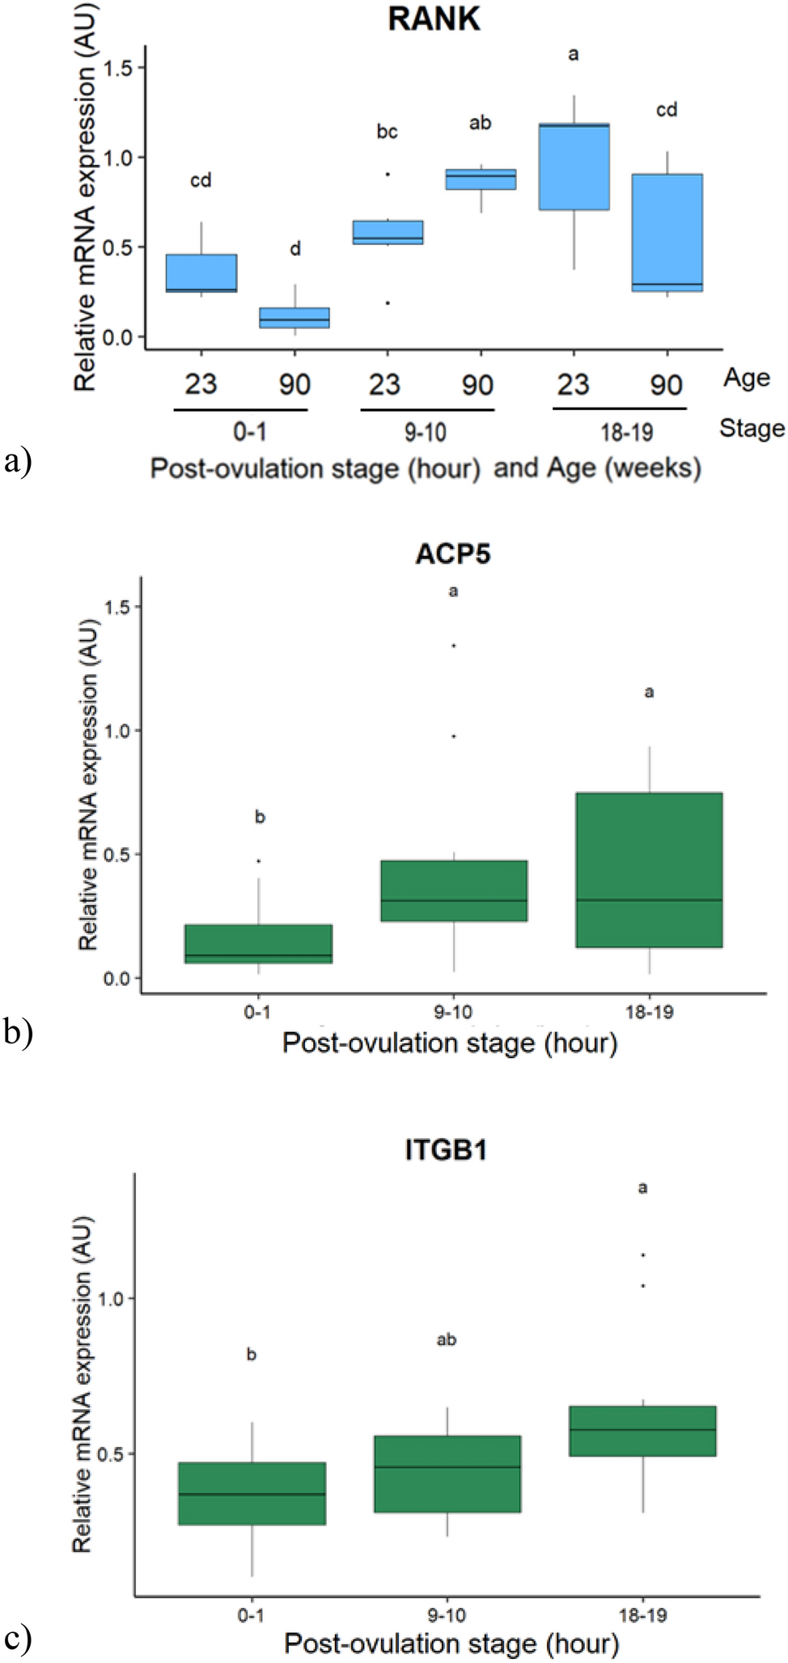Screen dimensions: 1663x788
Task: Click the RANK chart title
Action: coord(434,19)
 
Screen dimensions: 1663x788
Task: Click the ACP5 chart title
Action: coord(453,553)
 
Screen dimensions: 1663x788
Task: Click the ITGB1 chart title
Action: coord(446,1150)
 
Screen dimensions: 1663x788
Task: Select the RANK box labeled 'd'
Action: coord(294,318)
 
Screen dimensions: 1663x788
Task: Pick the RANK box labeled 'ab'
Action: coord(481,179)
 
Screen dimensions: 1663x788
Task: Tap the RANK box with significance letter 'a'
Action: coord(574,167)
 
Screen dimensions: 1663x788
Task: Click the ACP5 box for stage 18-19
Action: coord(650,870)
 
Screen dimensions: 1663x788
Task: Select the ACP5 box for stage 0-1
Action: coord(258,943)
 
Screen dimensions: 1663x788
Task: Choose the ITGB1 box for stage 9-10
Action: coord(447,1474)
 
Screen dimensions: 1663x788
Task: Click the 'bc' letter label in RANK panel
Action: coord(387,132)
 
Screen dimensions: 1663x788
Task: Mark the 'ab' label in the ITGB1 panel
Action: coord(447,1340)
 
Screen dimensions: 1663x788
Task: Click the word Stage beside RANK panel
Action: coord(752,428)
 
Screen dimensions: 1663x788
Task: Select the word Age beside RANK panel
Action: coord(745,378)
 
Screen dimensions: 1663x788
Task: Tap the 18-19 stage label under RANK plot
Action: coord(626,433)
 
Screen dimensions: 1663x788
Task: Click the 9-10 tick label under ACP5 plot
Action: coord(453,1012)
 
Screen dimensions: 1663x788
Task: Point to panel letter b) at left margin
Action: coord(18,1033)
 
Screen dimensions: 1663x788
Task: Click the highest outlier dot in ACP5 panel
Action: coord(454,645)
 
